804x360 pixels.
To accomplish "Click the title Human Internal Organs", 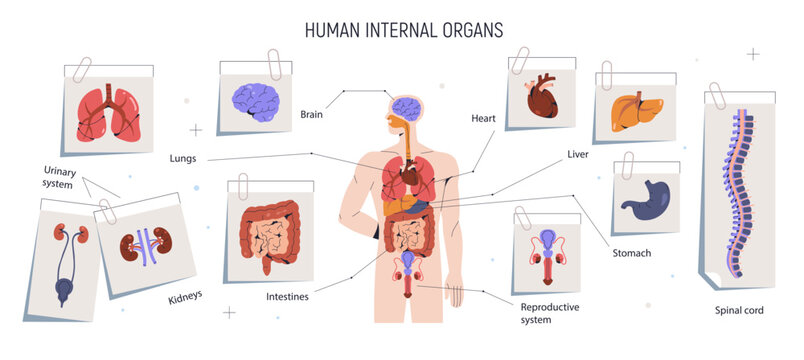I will (x=404, y=29).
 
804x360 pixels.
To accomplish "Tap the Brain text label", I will (x=311, y=114).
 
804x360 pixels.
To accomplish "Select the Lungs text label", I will (x=183, y=158).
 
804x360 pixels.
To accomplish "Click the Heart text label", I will (x=483, y=118).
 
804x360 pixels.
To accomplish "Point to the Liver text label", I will (x=577, y=155).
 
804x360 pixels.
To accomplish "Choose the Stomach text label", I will (x=631, y=253).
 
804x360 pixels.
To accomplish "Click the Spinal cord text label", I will (x=740, y=311).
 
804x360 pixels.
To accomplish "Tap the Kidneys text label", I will (x=186, y=296).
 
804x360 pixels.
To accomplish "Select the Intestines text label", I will (x=287, y=296).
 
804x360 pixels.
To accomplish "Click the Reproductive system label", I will (x=550, y=313).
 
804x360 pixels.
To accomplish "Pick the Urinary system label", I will (x=59, y=177).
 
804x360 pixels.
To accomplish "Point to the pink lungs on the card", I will (x=107, y=113).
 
